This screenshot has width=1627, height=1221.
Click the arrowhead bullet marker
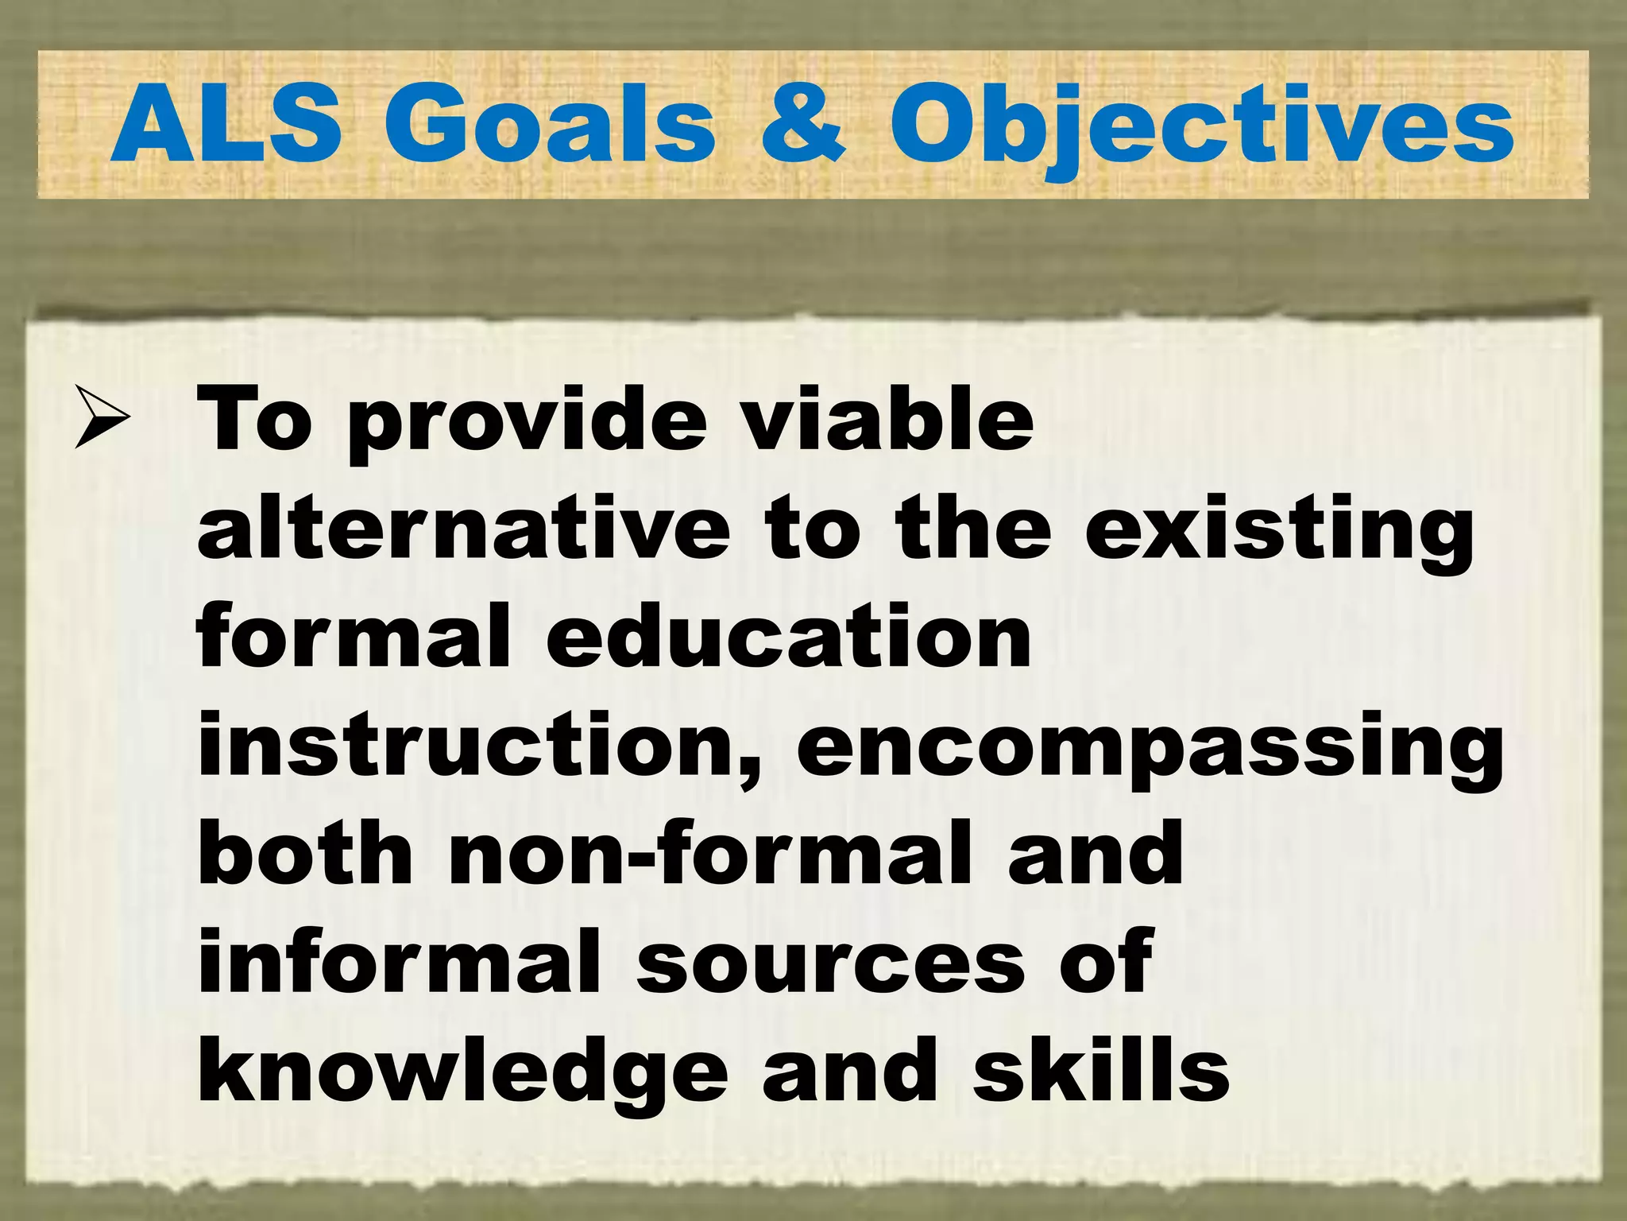click(102, 417)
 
